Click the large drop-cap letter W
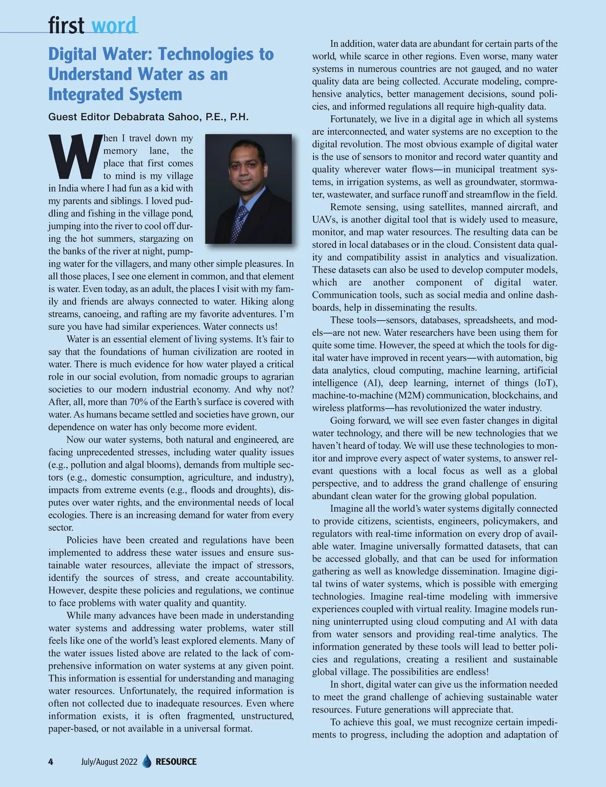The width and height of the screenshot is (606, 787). (74, 157)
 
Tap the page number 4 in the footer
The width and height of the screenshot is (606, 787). (50, 762)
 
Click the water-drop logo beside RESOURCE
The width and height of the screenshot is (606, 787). (147, 761)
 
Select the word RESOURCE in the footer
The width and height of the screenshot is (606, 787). (176, 762)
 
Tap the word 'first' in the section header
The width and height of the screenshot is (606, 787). (66, 25)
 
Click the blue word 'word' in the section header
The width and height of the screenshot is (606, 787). (114, 25)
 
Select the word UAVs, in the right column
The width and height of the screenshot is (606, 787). (325, 220)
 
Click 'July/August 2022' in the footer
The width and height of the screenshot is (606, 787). (109, 762)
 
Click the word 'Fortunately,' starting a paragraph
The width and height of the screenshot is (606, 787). (353, 119)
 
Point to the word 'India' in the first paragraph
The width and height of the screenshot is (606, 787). (71, 188)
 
